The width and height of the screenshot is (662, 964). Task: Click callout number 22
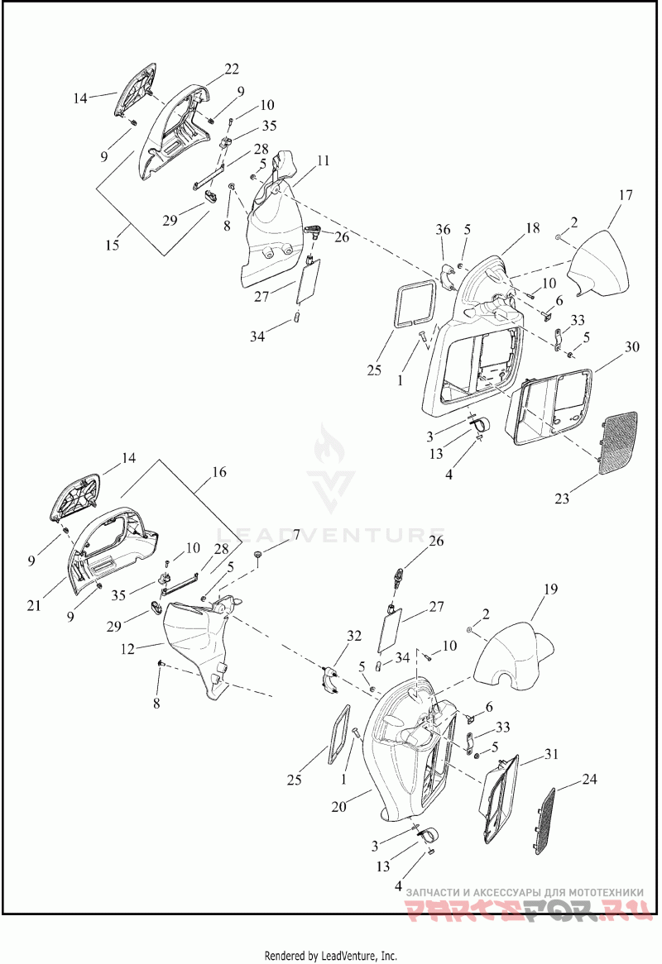pos(232,69)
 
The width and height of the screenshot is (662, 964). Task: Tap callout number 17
pos(625,195)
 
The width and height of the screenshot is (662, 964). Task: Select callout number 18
pos(532,227)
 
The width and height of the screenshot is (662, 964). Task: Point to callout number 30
pos(632,346)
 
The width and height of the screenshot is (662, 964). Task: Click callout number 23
pos(562,498)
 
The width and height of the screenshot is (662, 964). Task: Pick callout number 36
pos(443,229)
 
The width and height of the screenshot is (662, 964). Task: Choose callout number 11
pos(324,160)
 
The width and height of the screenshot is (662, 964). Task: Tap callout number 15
pos(112,245)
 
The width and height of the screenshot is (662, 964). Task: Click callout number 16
pos(219,472)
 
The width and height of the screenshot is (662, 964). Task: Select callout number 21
pos(34,605)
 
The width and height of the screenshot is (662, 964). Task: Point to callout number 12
pos(127,649)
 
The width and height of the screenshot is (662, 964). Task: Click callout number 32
pos(354,636)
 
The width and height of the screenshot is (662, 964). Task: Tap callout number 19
pos(550,589)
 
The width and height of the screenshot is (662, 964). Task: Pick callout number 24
pos(589,780)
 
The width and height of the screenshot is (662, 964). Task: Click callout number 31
pos(552,753)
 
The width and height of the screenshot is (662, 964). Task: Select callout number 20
pos(339,807)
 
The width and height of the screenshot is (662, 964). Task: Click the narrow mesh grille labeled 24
pos(543,821)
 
